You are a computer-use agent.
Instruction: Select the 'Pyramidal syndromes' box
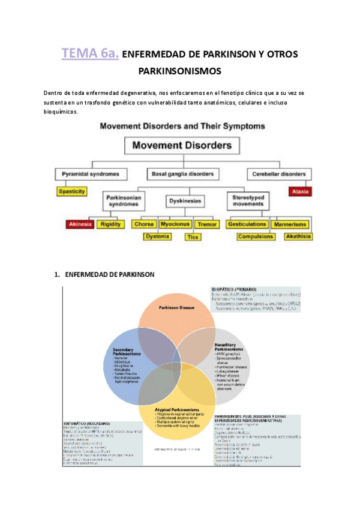coord(95,175)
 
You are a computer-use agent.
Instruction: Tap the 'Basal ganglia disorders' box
coord(182,175)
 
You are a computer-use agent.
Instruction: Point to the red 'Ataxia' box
coord(298,192)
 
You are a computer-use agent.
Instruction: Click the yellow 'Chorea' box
coord(145,224)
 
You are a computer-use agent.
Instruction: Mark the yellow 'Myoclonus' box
coord(175,224)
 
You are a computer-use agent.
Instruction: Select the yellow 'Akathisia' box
coord(298,236)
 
